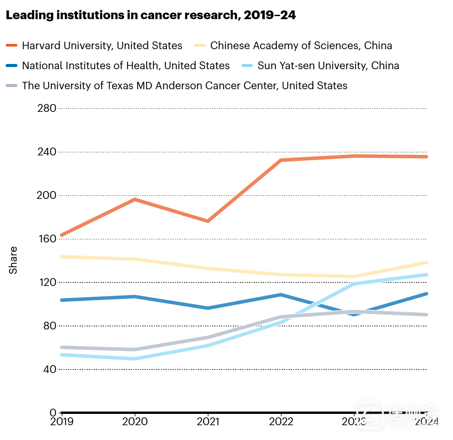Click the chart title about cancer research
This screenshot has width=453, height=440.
(151, 16)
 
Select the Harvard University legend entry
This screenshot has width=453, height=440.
(102, 45)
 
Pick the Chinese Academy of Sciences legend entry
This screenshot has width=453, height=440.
(301, 45)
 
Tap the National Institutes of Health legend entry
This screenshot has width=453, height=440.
(125, 66)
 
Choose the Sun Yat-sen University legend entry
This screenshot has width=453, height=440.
(328, 66)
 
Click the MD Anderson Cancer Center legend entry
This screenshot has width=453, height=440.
(185, 86)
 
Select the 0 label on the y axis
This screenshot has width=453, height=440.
(53, 413)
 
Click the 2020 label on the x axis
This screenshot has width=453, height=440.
(135, 422)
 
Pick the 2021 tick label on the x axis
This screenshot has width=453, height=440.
(208, 422)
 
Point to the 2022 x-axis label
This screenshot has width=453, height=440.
(281, 422)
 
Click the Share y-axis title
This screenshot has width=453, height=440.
(13, 260)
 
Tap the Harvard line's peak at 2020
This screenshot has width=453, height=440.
(135, 199)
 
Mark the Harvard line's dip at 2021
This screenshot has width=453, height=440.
(208, 221)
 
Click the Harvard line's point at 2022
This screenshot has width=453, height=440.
(281, 160)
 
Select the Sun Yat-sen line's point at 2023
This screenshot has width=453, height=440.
(354, 284)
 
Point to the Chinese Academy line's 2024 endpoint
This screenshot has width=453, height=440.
(426, 262)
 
